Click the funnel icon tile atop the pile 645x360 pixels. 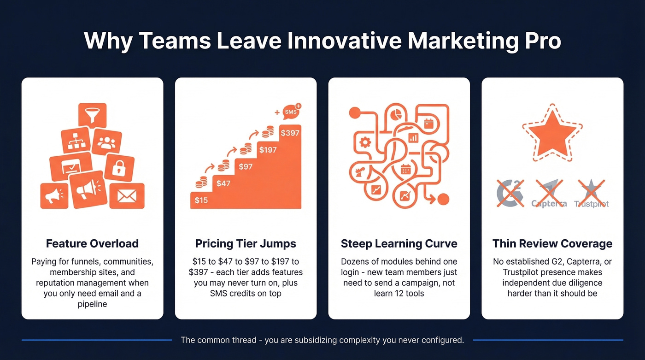pyautogui.click(x=92, y=115)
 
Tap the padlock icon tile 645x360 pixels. pyautogui.click(x=119, y=167)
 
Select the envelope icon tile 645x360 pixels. pyautogui.click(x=127, y=196)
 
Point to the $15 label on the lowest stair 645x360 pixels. pyautogui.click(x=201, y=200)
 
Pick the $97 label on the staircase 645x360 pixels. pyautogui.click(x=246, y=166)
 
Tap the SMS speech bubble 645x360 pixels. pyautogui.click(x=291, y=112)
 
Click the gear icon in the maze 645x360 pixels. pyautogui.click(x=365, y=142)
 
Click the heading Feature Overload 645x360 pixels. pyautogui.click(x=92, y=243)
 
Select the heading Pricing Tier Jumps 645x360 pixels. pyautogui.click(x=246, y=243)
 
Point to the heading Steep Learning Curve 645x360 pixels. pyautogui.click(x=399, y=243)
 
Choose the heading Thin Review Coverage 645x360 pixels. pyautogui.click(x=552, y=243)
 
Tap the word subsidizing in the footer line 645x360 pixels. pyautogui.click(x=314, y=340)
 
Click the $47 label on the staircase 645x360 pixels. pyautogui.click(x=223, y=183)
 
